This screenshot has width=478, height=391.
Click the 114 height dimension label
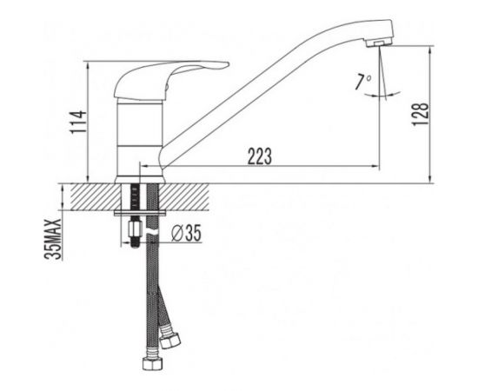78,122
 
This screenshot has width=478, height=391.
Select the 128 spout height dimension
421,114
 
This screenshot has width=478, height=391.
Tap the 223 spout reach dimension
260,156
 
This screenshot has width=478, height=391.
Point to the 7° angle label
362,82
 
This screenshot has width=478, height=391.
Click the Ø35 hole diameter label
186,234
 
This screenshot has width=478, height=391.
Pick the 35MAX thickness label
53,239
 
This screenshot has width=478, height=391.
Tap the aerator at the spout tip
379,43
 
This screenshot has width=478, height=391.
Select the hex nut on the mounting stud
136,229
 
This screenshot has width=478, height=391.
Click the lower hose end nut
153,362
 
